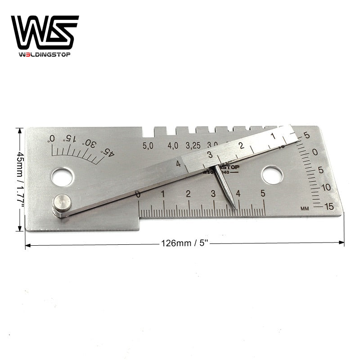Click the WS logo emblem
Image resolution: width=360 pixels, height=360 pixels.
pyautogui.click(x=45, y=32)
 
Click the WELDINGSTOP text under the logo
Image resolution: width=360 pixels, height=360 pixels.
pyautogui.click(x=45, y=55)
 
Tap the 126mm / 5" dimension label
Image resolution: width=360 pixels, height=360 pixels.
pyautogui.click(x=184, y=243)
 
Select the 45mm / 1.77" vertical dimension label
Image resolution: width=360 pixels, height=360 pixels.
pyautogui.click(x=20, y=179)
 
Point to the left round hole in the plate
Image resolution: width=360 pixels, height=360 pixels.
pyautogui.click(x=62, y=176)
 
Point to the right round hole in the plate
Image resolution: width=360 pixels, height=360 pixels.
pyautogui.click(x=272, y=175)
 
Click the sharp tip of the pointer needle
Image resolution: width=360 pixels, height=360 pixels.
pyautogui.click(x=235, y=208)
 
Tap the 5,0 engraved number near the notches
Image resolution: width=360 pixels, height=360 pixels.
pyautogui.click(x=148, y=146)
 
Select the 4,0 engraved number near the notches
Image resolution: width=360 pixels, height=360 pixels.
pyautogui.click(x=173, y=146)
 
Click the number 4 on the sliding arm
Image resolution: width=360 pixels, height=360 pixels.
pyautogui.click(x=178, y=164)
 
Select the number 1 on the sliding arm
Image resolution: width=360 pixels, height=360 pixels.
pyautogui.click(x=273, y=136)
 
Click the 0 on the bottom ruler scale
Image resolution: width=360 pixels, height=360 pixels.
pyautogui.click(x=138, y=194)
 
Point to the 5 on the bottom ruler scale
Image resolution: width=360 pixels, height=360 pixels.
pyautogui.click(x=263, y=193)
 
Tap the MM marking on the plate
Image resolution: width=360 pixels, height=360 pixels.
pyautogui.click(x=305, y=208)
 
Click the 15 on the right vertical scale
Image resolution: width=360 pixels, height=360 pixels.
pyautogui.click(x=329, y=207)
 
